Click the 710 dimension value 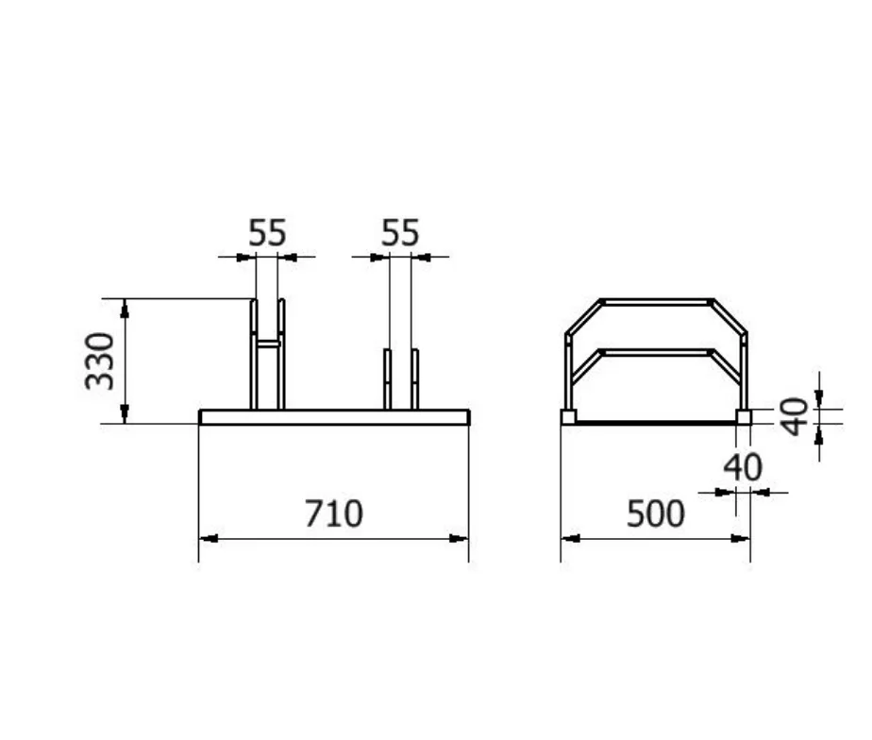[333, 514]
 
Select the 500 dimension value [655, 514]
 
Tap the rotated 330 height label [100, 361]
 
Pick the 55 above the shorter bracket [400, 233]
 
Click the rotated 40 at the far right [797, 416]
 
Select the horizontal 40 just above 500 [743, 467]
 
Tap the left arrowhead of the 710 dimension [208, 539]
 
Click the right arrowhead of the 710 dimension [460, 539]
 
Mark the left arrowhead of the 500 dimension [570, 539]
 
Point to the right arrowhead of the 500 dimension [742, 539]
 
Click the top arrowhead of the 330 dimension [125, 307]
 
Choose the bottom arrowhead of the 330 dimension [125, 414]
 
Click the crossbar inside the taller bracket [268, 345]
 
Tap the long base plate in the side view [334, 417]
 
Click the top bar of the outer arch [656, 302]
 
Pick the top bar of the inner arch [656, 352]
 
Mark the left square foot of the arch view [568, 416]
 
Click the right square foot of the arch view [744, 416]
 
